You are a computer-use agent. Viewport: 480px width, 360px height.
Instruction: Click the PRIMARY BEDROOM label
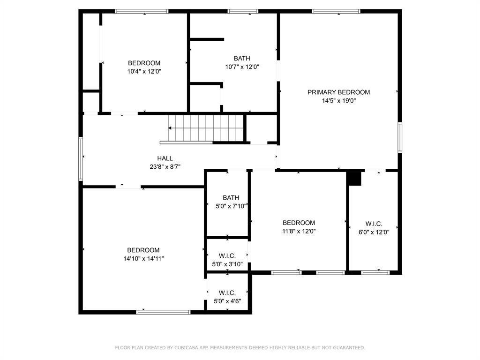(338, 92)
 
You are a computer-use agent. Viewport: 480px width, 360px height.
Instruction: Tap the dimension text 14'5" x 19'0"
(338, 100)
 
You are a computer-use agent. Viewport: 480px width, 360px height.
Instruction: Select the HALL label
(165, 158)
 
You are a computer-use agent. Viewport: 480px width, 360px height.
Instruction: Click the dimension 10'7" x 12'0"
(242, 67)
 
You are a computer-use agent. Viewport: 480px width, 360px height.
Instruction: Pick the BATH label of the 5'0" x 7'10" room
(231, 198)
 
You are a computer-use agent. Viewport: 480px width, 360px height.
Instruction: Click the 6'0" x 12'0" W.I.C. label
(374, 224)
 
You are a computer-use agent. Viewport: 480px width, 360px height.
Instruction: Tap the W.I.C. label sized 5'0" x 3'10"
(227, 256)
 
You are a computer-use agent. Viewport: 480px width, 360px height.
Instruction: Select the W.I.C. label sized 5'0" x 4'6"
(227, 293)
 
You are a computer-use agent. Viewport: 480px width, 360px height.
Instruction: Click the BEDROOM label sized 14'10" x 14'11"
(143, 250)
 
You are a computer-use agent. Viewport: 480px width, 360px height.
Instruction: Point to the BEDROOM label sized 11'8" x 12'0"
(299, 223)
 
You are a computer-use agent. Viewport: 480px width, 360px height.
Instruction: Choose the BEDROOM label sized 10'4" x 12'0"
(144, 63)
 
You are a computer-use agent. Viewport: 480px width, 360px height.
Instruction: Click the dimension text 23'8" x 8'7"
(165, 166)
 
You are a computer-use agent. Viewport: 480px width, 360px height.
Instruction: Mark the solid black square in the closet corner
(355, 179)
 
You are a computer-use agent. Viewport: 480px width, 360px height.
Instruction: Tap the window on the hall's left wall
(81, 158)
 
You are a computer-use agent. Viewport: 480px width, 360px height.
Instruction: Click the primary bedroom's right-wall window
(400, 137)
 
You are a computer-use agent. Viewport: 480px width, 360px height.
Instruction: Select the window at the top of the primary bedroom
(336, 11)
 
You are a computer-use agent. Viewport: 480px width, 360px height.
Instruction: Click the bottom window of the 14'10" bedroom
(164, 312)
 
